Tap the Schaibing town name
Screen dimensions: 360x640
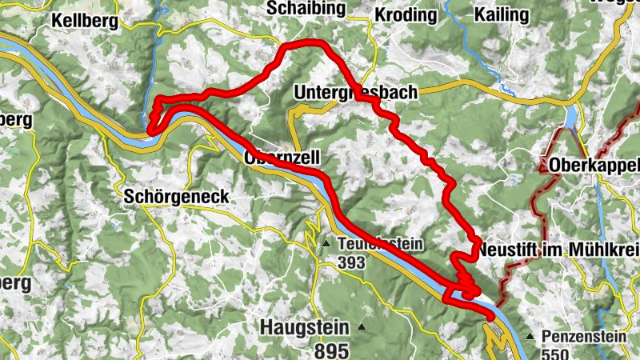coord(308,9)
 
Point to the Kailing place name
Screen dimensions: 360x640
coord(501,14)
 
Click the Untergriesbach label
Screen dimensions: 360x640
coord(356,92)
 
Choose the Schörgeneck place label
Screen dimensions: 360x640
coord(177,197)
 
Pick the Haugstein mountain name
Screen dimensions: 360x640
coord(305,328)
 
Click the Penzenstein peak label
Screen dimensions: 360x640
coord(584,337)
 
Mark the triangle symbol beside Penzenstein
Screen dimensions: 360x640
coord(530,337)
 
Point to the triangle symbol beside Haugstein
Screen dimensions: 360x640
coord(362,326)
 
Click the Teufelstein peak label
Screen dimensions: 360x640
coord(379,244)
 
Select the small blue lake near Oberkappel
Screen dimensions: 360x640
coord(571,118)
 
